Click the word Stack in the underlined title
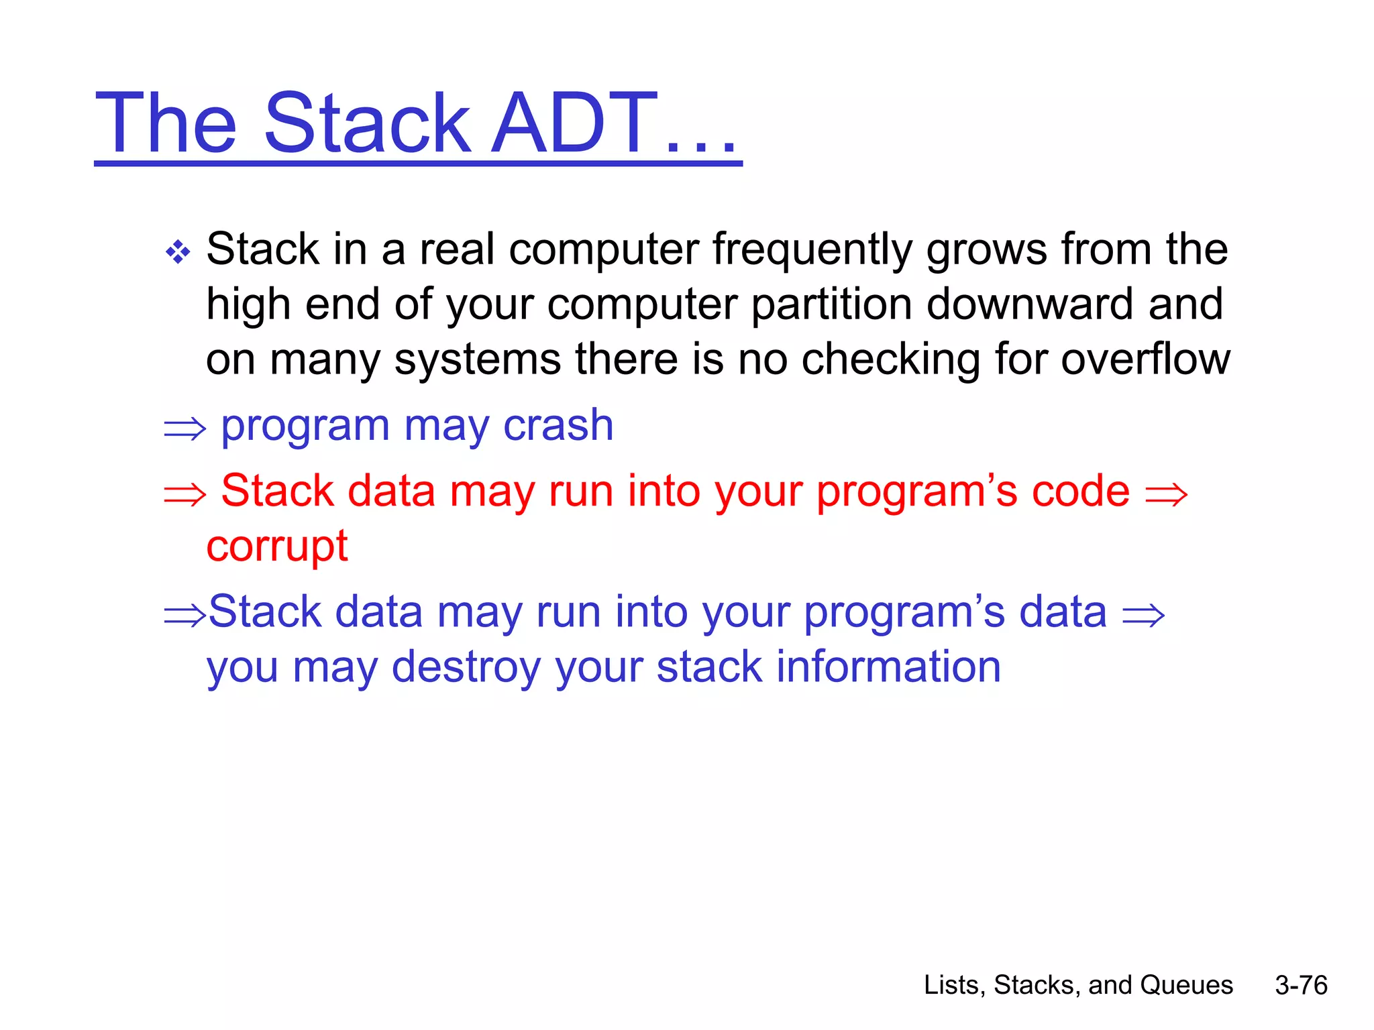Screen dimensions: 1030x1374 tap(367, 124)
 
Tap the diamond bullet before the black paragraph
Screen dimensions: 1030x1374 tap(178, 253)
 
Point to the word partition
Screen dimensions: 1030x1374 tap(832, 304)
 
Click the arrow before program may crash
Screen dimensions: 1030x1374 tap(184, 428)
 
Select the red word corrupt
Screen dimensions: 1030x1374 tap(276, 547)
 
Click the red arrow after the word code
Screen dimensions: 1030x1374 tap(1166, 495)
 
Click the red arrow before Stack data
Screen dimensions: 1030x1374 tap(184, 495)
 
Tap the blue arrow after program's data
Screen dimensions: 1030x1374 tap(1143, 616)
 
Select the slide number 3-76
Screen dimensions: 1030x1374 tap(1301, 985)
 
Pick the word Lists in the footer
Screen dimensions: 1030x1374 tap(951, 985)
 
